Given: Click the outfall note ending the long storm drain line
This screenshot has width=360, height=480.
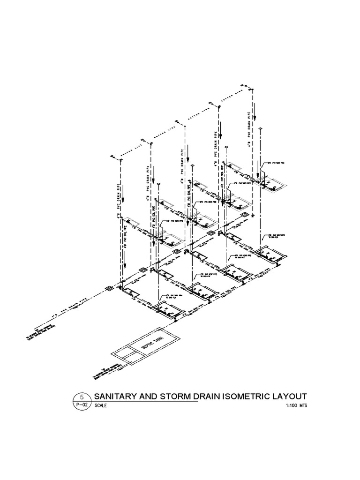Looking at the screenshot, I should pyautogui.click(x=41, y=332).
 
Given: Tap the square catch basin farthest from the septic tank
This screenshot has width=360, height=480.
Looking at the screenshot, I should pyautogui.click(x=244, y=215).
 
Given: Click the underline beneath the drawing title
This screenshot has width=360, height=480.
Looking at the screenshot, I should pyautogui.click(x=143, y=402).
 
